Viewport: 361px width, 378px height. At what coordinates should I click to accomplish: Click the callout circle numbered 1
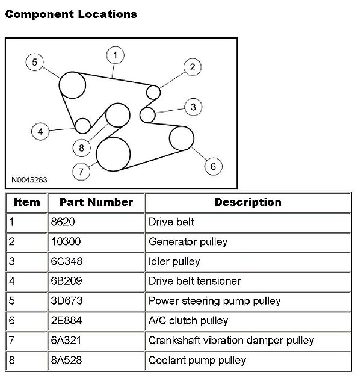coord(115,55)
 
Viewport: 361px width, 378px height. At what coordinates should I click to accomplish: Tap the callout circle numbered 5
coord(35,61)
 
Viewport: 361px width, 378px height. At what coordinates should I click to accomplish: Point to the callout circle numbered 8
coord(81,147)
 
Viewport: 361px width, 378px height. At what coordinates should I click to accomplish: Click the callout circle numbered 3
coord(193,107)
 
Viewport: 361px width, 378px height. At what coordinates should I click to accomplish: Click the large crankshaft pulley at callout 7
coord(113,154)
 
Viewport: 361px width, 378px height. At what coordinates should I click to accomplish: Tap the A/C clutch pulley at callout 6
coord(181,138)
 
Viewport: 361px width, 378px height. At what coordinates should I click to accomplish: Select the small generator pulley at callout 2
coord(153,91)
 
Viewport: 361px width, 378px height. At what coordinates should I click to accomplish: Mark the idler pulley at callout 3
coord(146,114)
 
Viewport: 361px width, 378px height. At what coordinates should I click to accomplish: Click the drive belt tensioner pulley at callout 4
coord(82,125)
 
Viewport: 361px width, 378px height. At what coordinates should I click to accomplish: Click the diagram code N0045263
coord(29,179)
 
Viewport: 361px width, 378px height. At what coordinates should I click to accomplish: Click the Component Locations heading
coord(71,13)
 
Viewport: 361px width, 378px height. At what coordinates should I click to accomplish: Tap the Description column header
coord(247,203)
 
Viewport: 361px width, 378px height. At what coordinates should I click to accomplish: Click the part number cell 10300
coord(66,242)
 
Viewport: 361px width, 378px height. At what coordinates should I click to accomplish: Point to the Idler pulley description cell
coord(174,262)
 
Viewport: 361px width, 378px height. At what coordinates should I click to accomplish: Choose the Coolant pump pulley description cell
coord(197,360)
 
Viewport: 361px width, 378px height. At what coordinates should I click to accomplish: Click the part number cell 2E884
coord(66,321)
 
